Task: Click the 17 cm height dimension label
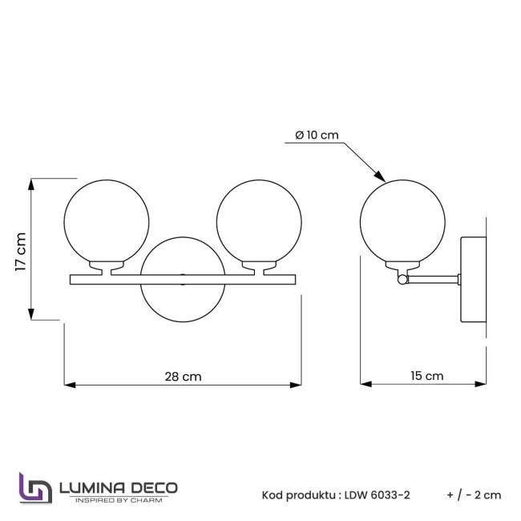[22, 252]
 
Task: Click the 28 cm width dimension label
[183, 375]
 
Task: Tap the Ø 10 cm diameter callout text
[317, 135]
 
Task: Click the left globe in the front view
[106, 223]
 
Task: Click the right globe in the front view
[259, 223]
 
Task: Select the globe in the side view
[402, 223]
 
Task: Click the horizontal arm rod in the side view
[433, 279]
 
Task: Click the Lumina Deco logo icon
[35, 488]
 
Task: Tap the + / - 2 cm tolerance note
[474, 495]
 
